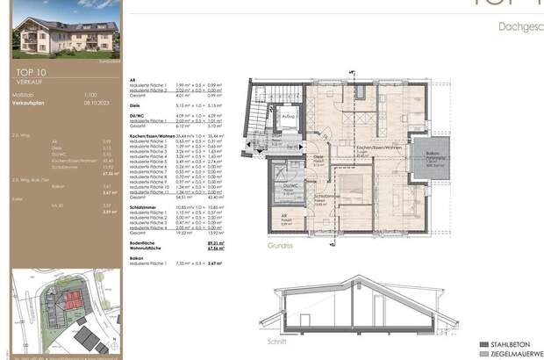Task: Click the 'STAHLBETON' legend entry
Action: coord(519,343)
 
